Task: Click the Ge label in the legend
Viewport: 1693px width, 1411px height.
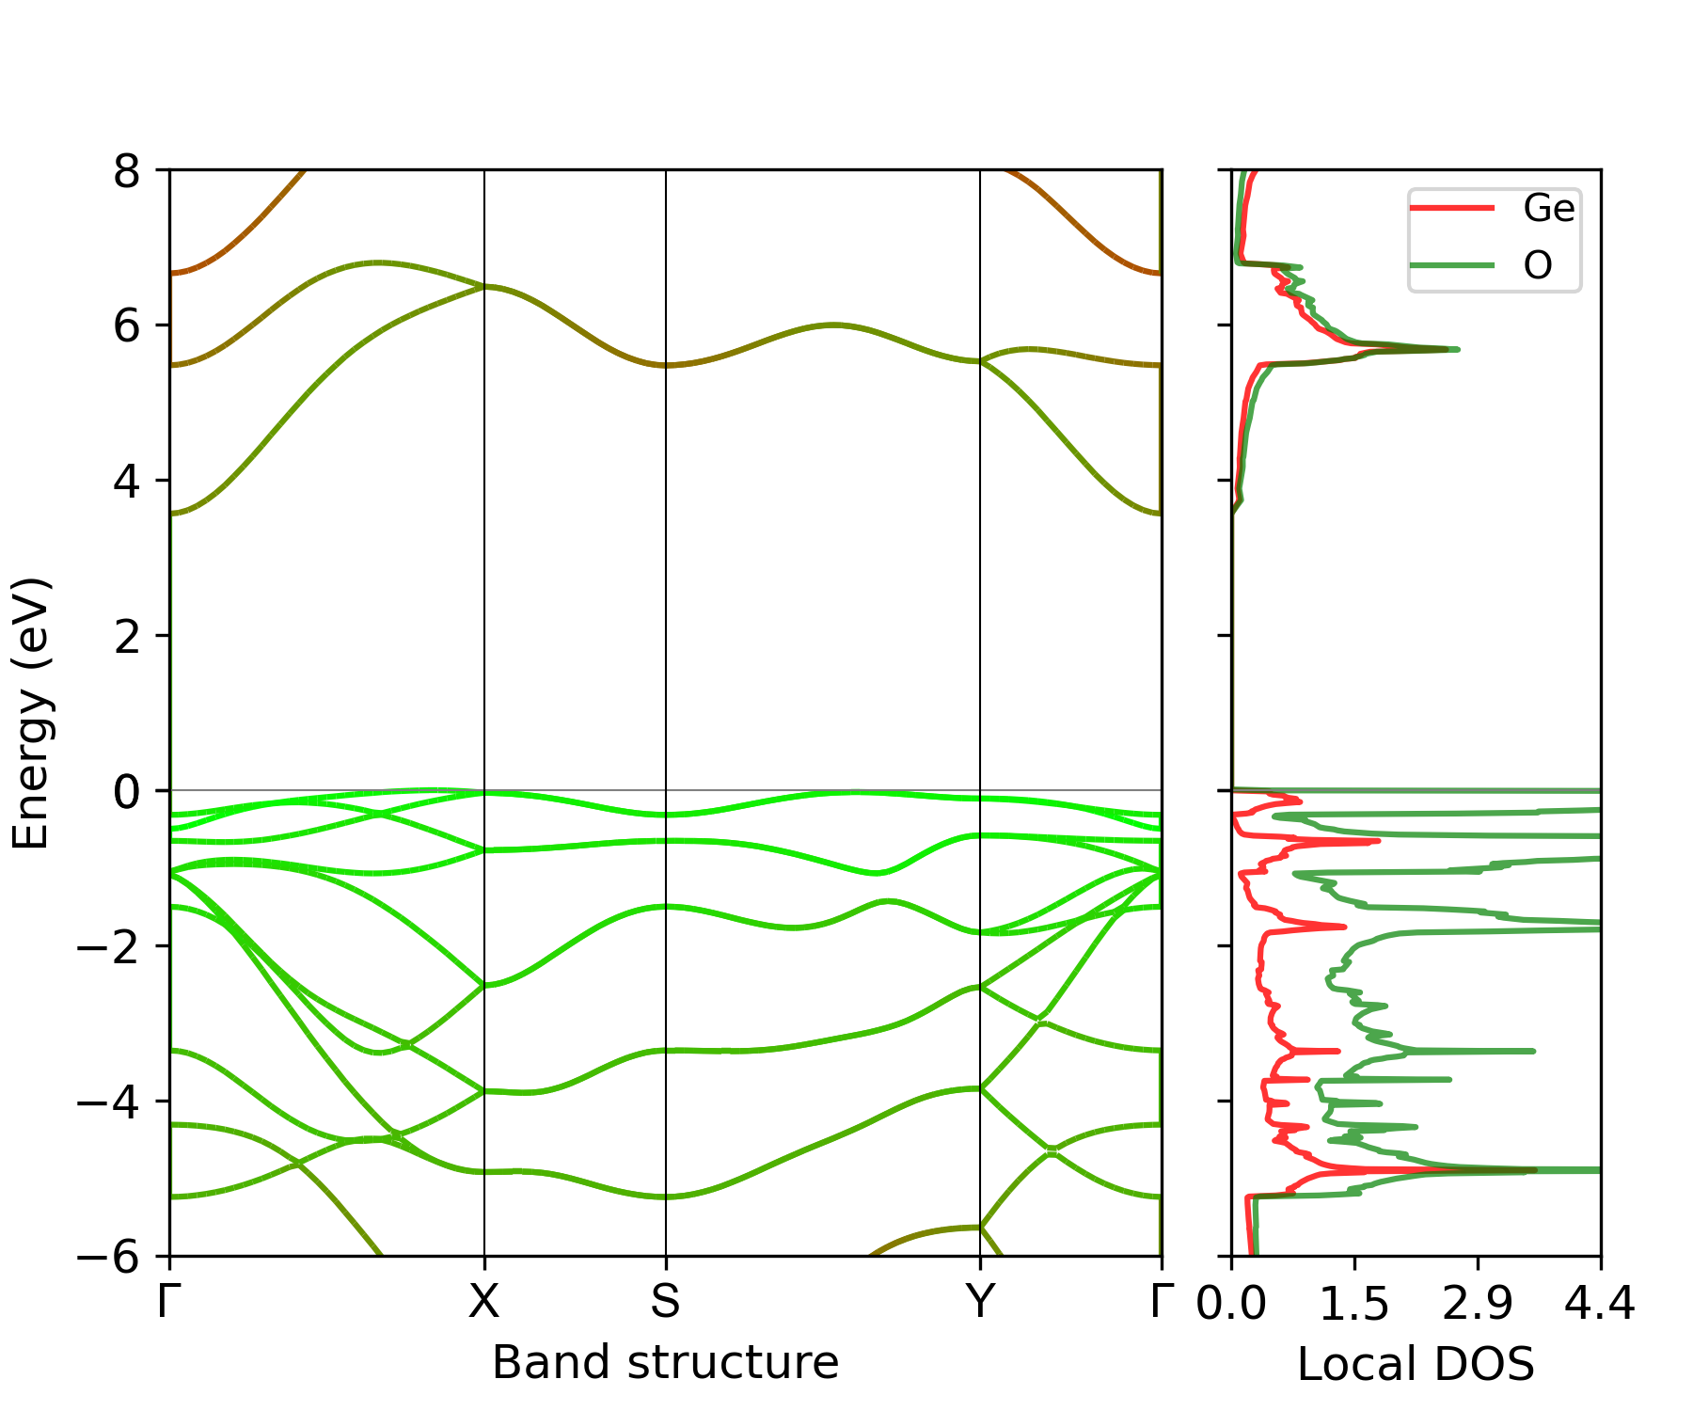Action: click(1548, 208)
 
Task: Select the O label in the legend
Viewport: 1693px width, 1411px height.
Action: click(1538, 266)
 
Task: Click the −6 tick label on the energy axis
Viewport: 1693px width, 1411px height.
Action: click(109, 1257)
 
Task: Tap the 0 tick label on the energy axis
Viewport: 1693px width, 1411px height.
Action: click(127, 792)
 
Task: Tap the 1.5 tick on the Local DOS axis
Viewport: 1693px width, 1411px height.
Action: click(1354, 1305)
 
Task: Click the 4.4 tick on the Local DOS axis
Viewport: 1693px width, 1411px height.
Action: click(1600, 1305)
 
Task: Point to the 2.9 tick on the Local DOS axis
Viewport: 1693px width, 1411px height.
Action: click(1478, 1305)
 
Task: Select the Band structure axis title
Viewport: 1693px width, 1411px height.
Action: click(665, 1363)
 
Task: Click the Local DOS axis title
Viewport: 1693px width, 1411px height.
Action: click(1416, 1365)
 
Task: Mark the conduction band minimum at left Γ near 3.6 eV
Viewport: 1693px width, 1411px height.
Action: click(171, 513)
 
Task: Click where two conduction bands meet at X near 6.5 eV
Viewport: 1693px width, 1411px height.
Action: click(483, 286)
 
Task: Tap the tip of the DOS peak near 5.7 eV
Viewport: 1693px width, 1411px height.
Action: click(1457, 349)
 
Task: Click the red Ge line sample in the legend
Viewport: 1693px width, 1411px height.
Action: click(1451, 208)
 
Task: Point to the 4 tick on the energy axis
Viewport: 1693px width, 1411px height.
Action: click(127, 482)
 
